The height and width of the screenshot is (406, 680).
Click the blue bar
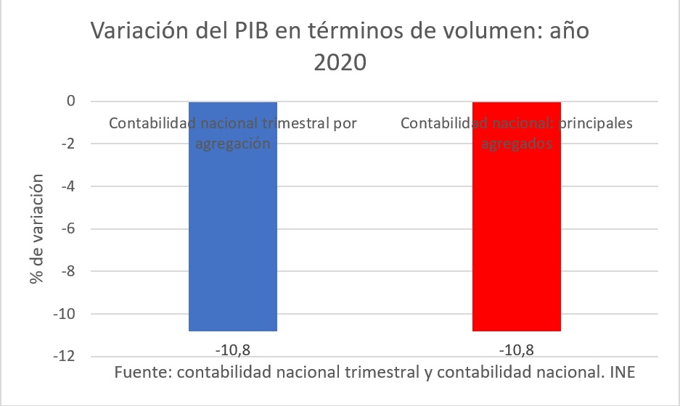click(232, 232)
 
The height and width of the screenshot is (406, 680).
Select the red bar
click(516, 232)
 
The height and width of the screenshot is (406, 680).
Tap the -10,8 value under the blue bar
click(233, 350)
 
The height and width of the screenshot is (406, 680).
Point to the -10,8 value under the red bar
click(517, 350)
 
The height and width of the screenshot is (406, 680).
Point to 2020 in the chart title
click(340, 63)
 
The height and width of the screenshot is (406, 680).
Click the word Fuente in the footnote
click(142, 373)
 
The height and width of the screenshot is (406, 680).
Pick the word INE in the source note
click(623, 373)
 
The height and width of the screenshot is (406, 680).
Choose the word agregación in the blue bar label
click(232, 144)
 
